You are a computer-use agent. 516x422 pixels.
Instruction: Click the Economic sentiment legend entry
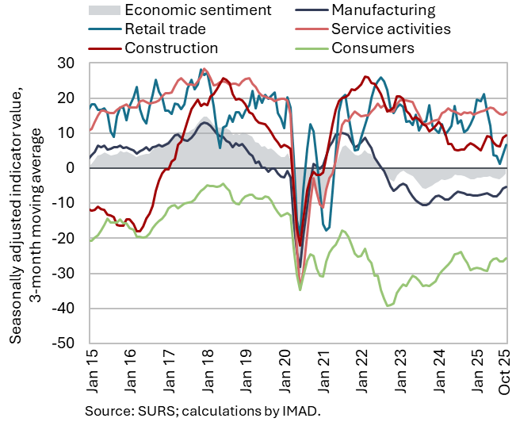click(198, 10)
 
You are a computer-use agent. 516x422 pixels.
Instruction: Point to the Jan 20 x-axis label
click(285, 370)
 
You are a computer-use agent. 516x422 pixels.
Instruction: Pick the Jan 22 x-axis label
click(362, 370)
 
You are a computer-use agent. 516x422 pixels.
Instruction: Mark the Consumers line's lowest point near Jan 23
click(388, 305)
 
